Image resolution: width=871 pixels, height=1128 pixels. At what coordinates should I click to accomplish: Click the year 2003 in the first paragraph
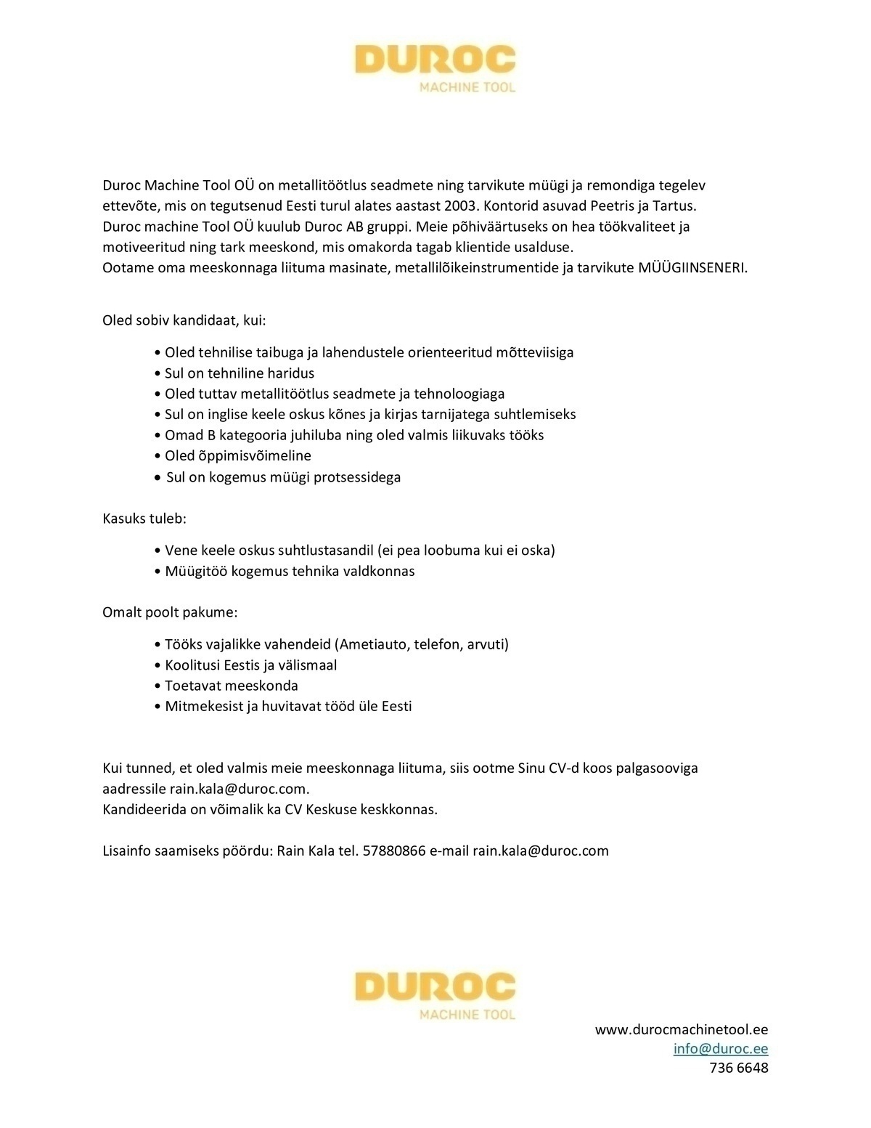point(458,206)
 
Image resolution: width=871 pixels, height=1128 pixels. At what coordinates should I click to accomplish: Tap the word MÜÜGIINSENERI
point(692,267)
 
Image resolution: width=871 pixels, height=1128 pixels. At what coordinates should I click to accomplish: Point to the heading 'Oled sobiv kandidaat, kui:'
point(184,320)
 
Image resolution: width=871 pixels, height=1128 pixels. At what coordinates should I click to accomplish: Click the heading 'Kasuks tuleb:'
point(144,519)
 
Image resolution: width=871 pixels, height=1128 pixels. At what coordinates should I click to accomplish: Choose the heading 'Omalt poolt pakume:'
point(170,612)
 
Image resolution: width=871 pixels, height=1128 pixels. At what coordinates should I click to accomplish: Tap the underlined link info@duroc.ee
point(721,1049)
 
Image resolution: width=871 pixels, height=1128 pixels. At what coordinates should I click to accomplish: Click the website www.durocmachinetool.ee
point(682,1030)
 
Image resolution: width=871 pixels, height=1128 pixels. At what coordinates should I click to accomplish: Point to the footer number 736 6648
point(739,1068)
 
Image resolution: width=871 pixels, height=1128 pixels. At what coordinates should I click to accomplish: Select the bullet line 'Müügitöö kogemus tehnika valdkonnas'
point(290,571)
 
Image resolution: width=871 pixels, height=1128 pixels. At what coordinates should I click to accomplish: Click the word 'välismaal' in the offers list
point(308,665)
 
